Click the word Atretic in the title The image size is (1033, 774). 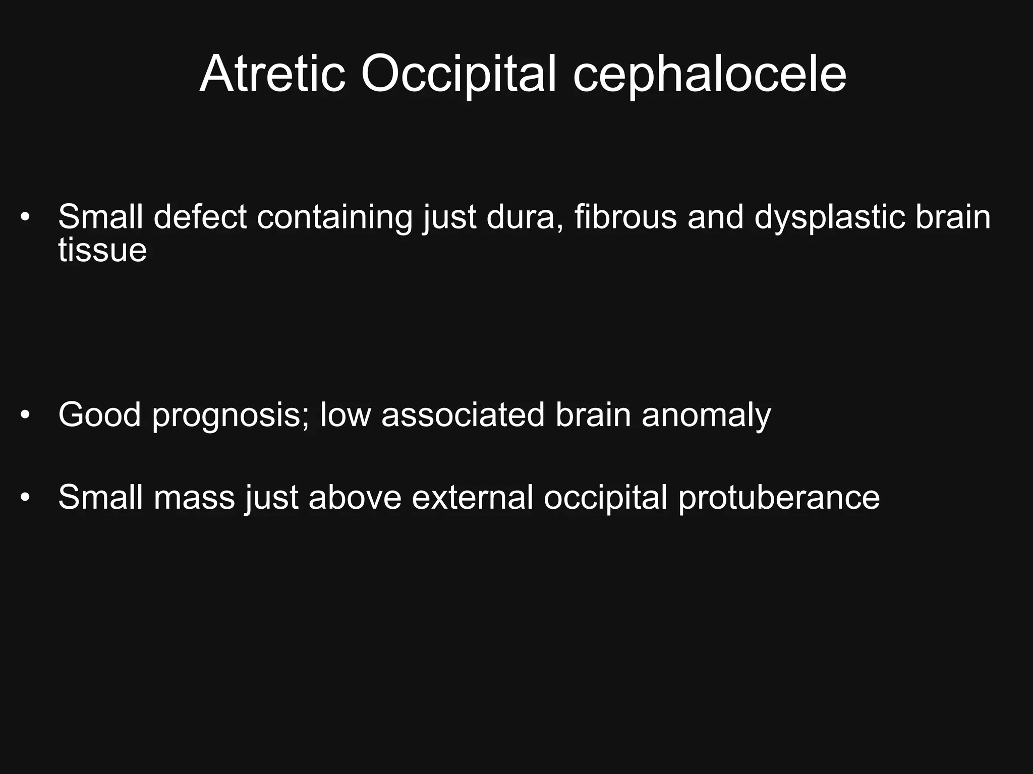coord(273,75)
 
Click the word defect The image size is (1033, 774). coord(200,217)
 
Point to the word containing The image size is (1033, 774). coord(334,217)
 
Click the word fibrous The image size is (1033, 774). coord(625,217)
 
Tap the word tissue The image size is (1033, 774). coord(102,250)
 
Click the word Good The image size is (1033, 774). coord(99,415)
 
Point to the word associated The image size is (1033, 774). coord(463,415)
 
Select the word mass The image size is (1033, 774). coord(194,498)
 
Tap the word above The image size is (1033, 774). coord(355,498)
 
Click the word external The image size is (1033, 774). coord(472,498)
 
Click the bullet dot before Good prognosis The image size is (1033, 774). coord(25,415)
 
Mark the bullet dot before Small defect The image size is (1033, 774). coord(25,218)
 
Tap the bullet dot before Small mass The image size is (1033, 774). coord(25,498)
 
